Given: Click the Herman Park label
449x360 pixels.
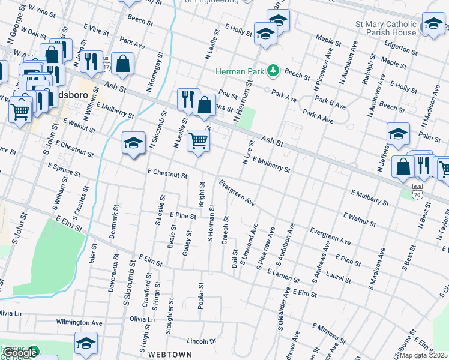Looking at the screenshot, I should pyautogui.click(x=240, y=71).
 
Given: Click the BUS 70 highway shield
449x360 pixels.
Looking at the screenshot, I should pyautogui.click(x=417, y=191).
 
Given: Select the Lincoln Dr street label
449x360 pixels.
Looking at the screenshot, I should pyautogui.click(x=201, y=341).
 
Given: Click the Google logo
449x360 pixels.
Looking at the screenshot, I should pyautogui.click(x=19, y=353).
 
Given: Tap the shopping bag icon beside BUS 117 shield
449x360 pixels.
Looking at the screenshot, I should pyautogui.click(x=122, y=64).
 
